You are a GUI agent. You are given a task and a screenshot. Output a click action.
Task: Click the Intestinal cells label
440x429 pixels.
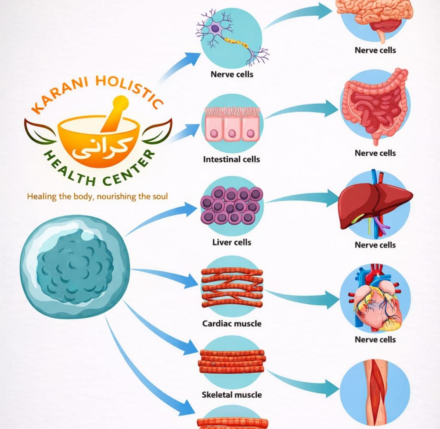(x=232, y=159)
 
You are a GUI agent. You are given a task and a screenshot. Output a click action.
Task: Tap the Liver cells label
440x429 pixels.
(x=232, y=242)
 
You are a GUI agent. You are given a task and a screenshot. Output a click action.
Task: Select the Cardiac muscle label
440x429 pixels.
(x=232, y=323)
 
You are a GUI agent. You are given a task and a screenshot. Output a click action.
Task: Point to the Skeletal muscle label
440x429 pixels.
(x=232, y=394)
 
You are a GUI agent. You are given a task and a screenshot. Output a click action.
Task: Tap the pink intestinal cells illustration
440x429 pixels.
(x=232, y=124)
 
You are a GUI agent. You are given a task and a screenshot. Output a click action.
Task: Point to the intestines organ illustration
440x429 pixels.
(x=375, y=107)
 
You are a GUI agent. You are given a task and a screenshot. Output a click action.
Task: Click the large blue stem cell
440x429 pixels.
(x=69, y=266)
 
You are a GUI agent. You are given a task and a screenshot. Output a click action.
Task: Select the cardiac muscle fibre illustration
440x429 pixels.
(x=232, y=287)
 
